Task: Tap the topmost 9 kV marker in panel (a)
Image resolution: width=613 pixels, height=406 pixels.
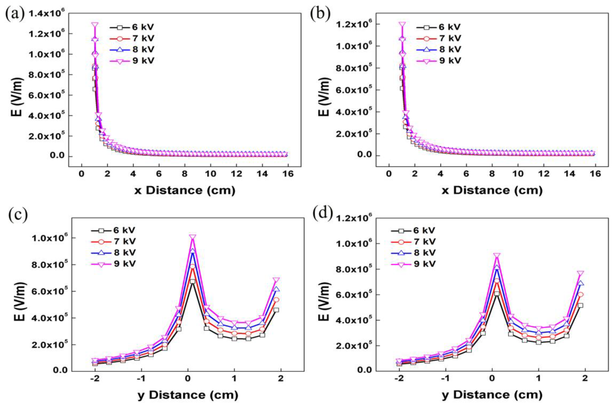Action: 95,25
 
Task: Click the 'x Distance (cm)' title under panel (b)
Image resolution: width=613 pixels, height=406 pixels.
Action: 492,190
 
